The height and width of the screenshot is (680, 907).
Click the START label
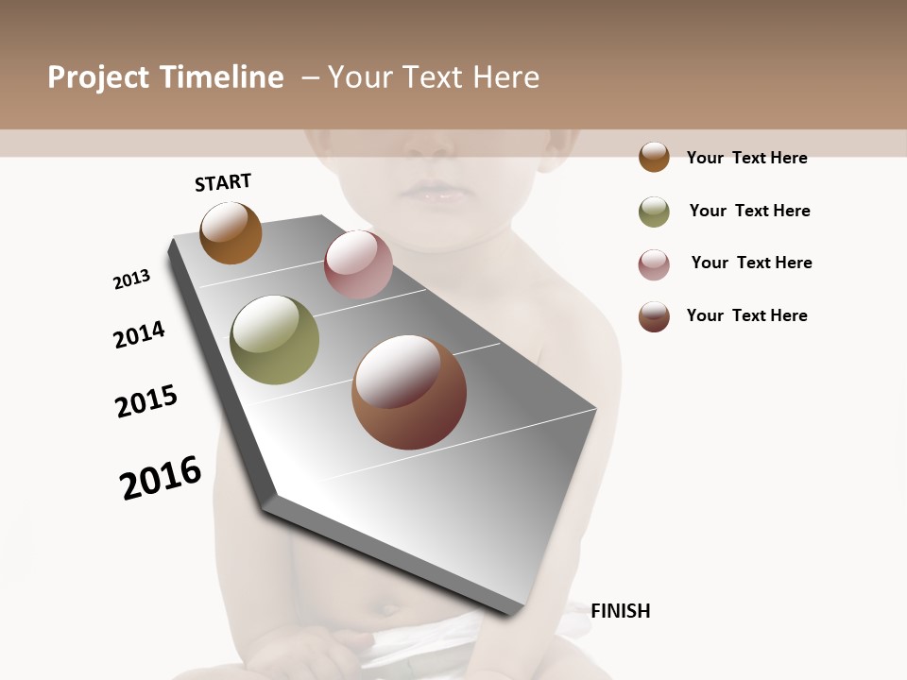coord(223,182)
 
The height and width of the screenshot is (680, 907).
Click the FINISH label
coord(620,611)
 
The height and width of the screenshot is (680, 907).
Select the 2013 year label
coord(131,280)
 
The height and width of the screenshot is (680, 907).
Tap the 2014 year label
coord(139,334)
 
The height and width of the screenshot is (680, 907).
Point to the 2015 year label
coord(146,401)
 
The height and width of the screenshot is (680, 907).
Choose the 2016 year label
coord(161,478)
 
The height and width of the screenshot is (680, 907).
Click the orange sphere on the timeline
coord(231,232)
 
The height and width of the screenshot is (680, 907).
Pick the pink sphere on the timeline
coord(358,264)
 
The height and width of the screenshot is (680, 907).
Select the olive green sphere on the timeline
coord(275,340)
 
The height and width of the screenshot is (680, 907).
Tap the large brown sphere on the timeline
coord(409,392)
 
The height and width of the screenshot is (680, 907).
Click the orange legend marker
coord(654,157)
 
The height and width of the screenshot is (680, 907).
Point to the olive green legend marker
coord(654,212)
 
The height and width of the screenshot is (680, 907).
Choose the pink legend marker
coord(654,264)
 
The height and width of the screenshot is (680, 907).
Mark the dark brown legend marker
coord(654,316)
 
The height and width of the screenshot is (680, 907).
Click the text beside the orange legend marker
coord(746,158)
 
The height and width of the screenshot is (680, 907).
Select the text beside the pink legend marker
coord(751,263)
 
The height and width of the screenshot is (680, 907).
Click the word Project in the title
coord(99,77)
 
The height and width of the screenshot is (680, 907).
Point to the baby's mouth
coord(435,192)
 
